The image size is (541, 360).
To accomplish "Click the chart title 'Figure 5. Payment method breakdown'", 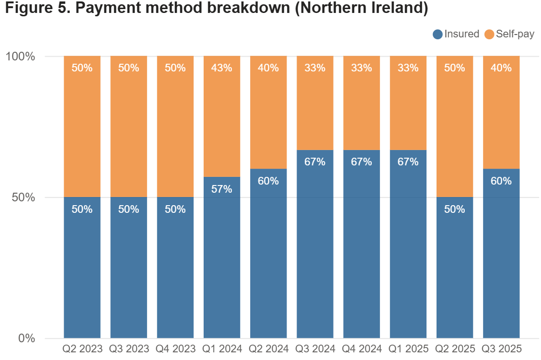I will pos(216,9).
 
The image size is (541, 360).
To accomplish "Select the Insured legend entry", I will pos(456,34).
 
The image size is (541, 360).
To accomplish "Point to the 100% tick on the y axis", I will pos(21,57).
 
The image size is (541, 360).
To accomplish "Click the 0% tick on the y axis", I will pos(26,338).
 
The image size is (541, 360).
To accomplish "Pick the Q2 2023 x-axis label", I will pos(82,348).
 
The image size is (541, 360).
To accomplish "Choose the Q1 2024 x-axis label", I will pos(222,348).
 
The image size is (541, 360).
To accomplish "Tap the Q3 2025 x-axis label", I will pos(501,348).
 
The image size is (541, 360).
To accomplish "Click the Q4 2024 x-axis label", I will pos(361,348).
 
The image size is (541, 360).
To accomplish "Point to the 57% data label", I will pos(222,189).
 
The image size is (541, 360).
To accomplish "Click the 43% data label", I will pos(222,68).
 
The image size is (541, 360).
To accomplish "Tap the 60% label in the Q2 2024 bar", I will pos(268,181).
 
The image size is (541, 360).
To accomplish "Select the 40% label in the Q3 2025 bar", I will pos(501,68).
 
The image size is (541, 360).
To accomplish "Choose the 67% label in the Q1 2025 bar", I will pos(408,162).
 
